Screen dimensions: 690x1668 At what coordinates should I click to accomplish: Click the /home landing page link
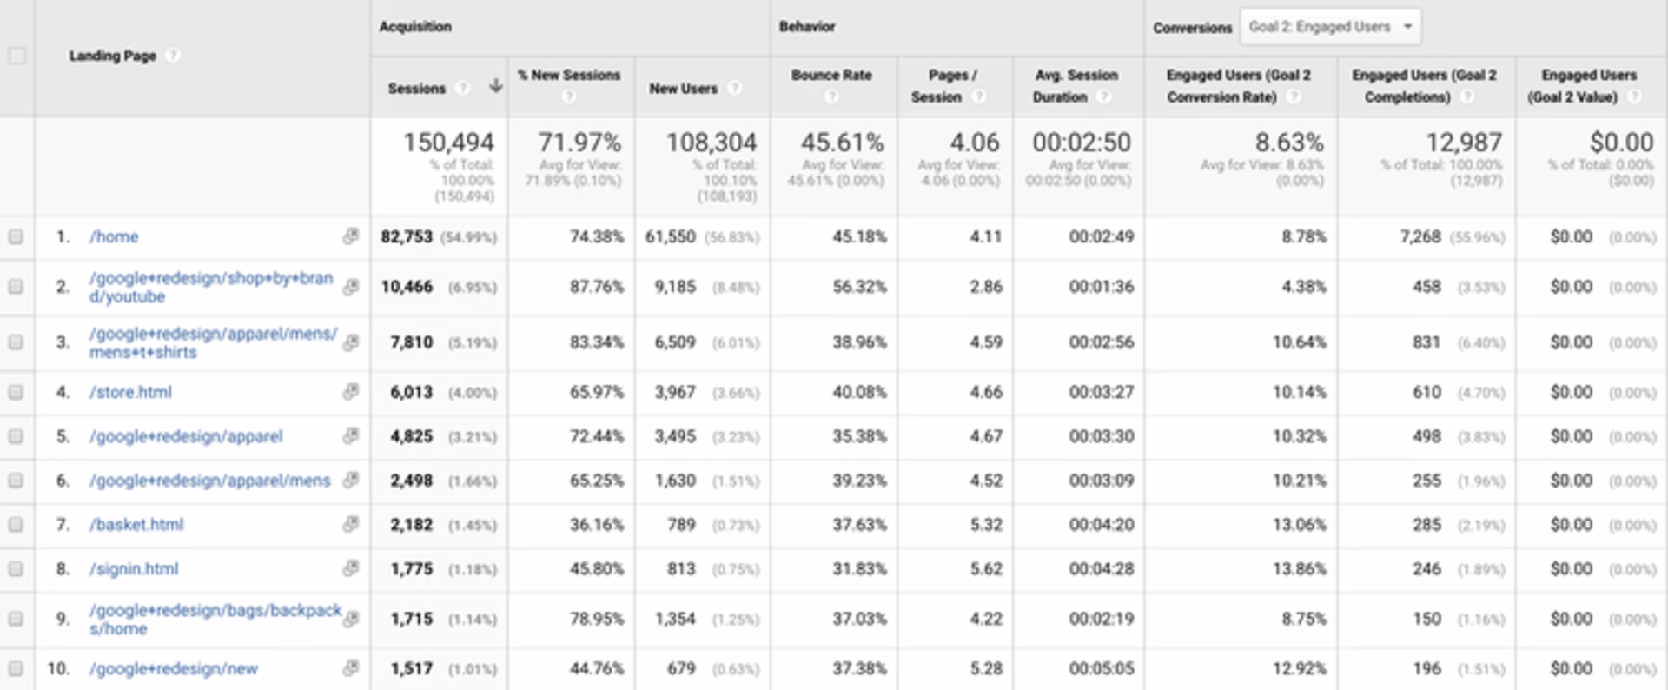point(114,236)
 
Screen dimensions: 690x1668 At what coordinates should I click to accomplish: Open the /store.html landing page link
point(130,392)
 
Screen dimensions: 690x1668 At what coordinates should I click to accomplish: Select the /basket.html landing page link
point(136,525)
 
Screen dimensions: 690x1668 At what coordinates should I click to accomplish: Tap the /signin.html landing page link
point(134,569)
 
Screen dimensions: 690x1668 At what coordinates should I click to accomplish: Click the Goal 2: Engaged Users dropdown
point(1330,27)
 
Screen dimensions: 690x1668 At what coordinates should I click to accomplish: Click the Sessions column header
point(416,88)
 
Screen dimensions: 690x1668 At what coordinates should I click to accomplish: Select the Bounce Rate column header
point(831,76)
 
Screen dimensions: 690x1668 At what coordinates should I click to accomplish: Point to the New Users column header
point(683,88)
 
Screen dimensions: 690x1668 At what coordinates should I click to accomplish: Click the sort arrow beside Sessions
point(495,86)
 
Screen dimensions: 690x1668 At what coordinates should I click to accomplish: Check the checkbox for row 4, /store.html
point(16,392)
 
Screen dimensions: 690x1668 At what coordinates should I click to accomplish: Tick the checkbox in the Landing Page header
point(17,56)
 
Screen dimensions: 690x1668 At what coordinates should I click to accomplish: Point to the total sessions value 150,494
point(448,143)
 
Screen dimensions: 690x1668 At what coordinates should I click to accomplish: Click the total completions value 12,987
point(1463,143)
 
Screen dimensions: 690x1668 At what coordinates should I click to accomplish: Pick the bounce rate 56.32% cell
point(859,287)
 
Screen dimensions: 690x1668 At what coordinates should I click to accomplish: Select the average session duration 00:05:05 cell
point(1101,668)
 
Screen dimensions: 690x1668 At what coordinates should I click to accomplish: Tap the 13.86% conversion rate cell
point(1299,569)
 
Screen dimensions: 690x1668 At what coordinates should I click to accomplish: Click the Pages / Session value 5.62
point(985,569)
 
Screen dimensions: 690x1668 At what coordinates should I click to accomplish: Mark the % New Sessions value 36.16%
point(596,525)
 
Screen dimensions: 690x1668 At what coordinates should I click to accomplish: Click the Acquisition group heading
point(415,27)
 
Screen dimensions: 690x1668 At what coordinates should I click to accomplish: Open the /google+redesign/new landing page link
point(174,668)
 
